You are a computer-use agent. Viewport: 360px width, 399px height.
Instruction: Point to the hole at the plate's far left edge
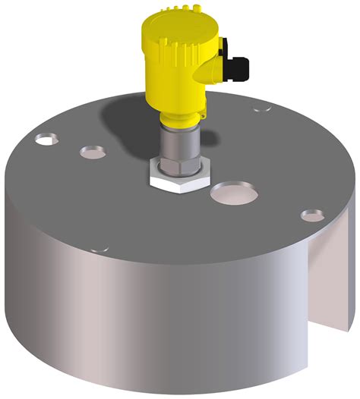pyautogui.click(x=46, y=140)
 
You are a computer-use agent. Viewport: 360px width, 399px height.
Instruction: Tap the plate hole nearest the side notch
pyautogui.click(x=311, y=215)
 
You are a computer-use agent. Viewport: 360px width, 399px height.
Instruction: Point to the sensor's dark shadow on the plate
pyautogui.click(x=129, y=121)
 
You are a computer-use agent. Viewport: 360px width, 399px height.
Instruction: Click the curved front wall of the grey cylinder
pyautogui.click(x=152, y=326)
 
